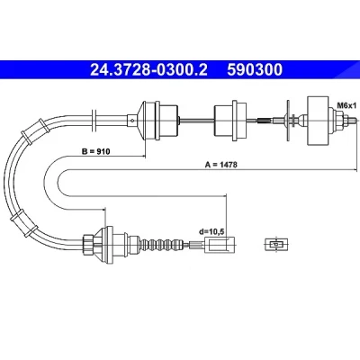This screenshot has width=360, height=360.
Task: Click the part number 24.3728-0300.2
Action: [148, 69]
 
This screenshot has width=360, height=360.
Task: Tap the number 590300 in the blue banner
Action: [255, 69]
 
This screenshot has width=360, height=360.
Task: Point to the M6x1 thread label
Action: [346, 105]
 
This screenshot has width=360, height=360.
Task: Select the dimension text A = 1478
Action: [221, 165]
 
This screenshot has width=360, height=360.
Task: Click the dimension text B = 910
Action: [96, 151]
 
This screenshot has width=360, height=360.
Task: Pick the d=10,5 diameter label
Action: [212, 231]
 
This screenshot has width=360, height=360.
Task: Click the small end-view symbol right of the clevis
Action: [276, 245]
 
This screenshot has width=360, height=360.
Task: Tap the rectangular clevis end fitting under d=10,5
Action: [220, 245]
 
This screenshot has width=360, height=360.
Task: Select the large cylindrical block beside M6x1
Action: [318, 121]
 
